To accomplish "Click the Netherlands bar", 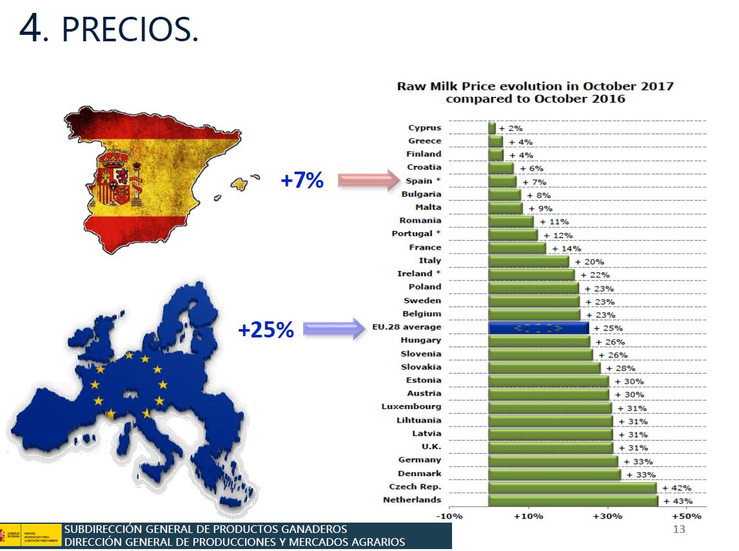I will coord(573,501).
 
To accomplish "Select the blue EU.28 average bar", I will coord(538,328).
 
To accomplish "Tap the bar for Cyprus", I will coord(492,128).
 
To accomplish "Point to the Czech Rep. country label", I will coord(415,486).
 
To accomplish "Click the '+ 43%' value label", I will coord(678,501).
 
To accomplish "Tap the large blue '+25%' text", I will coord(266,330).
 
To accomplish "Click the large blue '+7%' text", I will coord(302,181).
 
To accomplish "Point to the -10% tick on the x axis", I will coord(449,516).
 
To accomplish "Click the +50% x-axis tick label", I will coord(686,516).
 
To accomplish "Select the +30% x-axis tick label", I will coord(607,516).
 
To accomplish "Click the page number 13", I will coord(678,530).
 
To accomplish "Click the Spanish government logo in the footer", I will coord(10,536).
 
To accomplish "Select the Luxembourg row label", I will coord(411,406).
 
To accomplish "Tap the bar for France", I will coord(517,248).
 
